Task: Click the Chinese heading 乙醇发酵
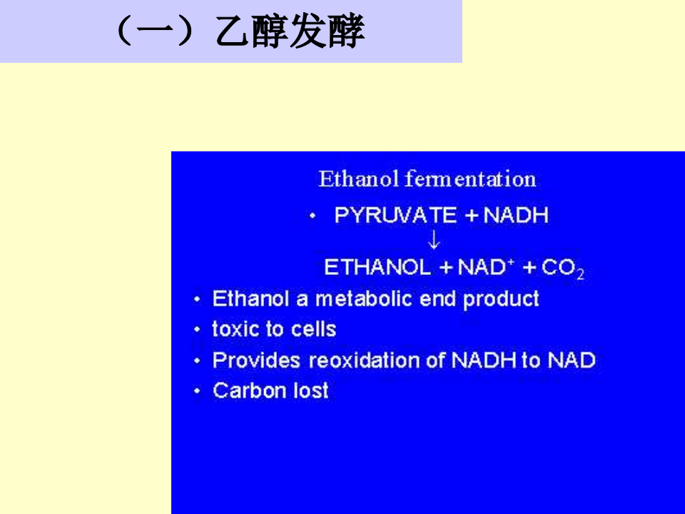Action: coord(290,33)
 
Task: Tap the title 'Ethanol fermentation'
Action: coord(427,178)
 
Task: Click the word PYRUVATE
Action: coord(395,216)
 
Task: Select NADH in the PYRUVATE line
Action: coord(516,216)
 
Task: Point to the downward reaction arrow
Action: coord(434,241)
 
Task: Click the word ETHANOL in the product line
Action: coord(377,268)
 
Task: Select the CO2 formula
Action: coord(563,269)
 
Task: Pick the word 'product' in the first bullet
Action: coord(501,298)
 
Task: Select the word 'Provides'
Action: coord(257,361)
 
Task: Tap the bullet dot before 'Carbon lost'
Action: coord(198,392)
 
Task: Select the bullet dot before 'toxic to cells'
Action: coord(198,330)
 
